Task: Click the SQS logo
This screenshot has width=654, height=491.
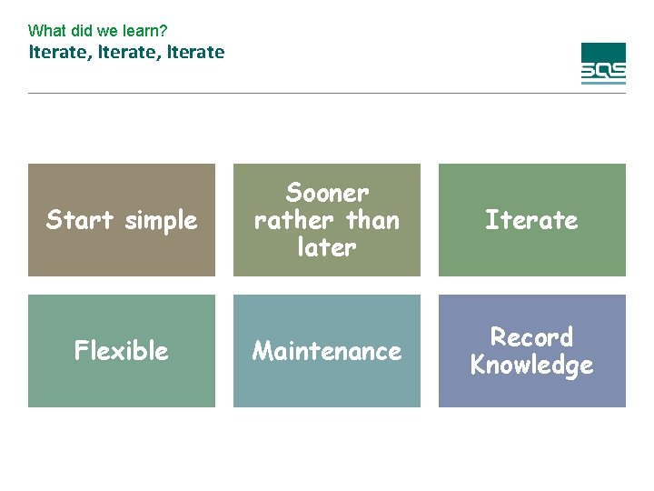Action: point(603,64)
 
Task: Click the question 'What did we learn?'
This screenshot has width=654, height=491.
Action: point(97,31)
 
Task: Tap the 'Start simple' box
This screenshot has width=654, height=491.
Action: point(122,220)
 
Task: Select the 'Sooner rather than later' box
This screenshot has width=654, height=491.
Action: point(327,220)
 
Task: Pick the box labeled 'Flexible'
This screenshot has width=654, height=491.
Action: point(122,351)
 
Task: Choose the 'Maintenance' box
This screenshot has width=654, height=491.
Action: point(327,351)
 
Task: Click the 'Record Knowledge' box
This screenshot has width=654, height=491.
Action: point(532,351)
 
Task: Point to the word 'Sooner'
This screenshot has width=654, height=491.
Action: point(327,193)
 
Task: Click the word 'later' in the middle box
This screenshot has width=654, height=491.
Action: point(327,247)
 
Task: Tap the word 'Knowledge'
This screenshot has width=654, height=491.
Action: point(532,366)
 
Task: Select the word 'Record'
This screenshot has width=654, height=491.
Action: point(532,337)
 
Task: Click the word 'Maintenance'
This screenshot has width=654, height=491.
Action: point(327,351)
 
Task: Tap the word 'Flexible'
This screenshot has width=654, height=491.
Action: point(122,351)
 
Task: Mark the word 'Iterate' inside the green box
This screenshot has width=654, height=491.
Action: point(531,220)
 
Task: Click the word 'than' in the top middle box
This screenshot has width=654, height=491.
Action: point(372,220)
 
